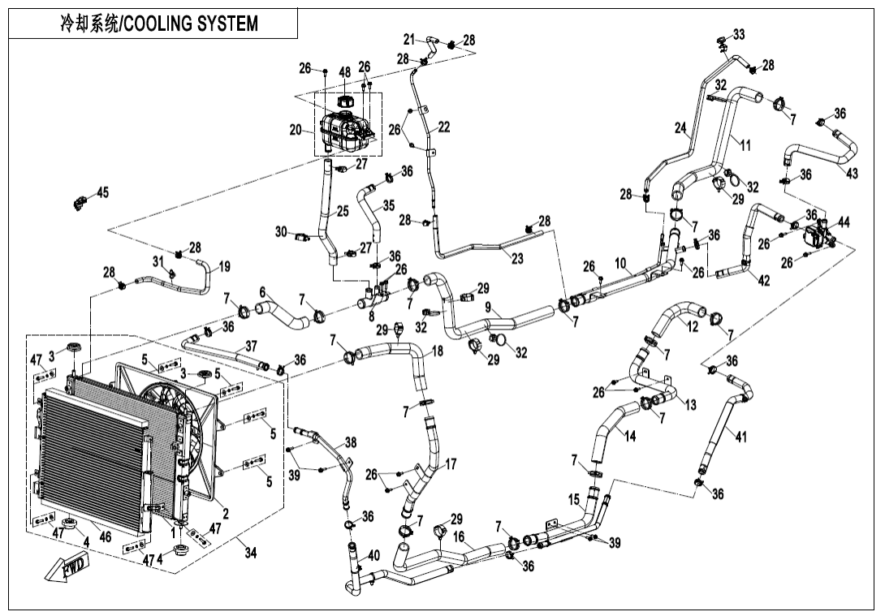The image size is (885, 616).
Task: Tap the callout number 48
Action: (344, 72)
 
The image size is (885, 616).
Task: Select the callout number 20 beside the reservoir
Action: (296, 130)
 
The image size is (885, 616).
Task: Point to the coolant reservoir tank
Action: (347, 130)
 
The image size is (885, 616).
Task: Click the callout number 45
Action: (102, 192)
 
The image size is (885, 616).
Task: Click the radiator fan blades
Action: (167, 414)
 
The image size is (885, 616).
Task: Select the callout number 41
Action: (740, 437)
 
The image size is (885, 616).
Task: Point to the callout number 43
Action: (852, 174)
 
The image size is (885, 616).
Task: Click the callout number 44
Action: (844, 222)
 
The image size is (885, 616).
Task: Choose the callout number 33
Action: (738, 34)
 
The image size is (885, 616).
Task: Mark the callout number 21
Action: (410, 38)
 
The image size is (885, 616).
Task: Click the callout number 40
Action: (373, 555)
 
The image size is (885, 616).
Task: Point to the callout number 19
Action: (224, 266)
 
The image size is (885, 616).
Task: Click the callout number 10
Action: (620, 263)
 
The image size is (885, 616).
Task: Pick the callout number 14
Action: (629, 434)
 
